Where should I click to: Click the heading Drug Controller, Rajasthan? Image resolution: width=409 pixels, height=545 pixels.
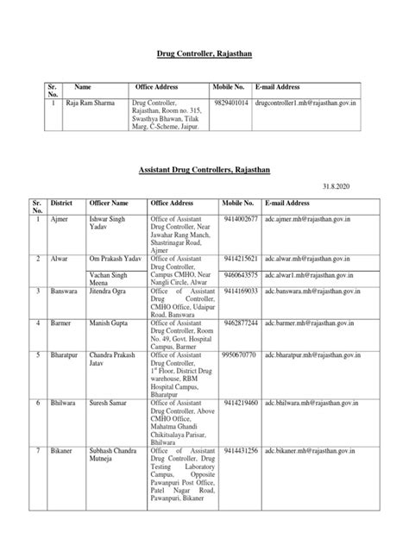tap(204, 53)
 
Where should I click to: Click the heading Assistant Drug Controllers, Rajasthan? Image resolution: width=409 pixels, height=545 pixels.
tap(204, 172)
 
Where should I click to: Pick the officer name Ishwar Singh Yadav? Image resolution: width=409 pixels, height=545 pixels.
tap(107, 225)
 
